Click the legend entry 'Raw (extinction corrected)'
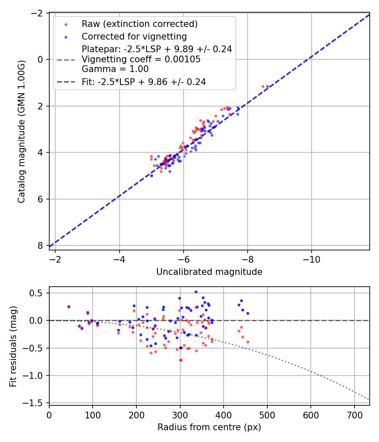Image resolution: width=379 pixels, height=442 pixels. pyautogui.click(x=139, y=24)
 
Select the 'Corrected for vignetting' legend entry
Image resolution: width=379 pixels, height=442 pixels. pyautogui.click(x=134, y=36)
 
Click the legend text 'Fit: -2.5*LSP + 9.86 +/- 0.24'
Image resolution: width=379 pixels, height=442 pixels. pyautogui.click(x=144, y=82)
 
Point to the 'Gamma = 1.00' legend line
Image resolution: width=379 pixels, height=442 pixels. pyautogui.click(x=115, y=69)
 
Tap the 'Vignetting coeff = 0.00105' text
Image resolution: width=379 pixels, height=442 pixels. pyautogui.click(x=141, y=59)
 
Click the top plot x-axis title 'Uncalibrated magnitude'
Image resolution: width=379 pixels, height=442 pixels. pyautogui.click(x=209, y=272)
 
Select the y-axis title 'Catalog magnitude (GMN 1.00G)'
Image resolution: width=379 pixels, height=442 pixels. pyautogui.click(x=21, y=131)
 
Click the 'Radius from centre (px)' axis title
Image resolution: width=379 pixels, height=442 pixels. pyautogui.click(x=209, y=427)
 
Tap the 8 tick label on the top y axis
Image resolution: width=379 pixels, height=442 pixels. pyautogui.click(x=41, y=245)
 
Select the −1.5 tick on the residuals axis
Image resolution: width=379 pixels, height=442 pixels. pyautogui.click(x=36, y=403)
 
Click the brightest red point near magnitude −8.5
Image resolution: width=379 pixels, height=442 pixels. pyautogui.click(x=263, y=86)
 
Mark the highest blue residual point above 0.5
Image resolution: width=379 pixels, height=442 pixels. pyautogui.click(x=196, y=292)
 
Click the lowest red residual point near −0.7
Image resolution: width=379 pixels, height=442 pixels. pyautogui.click(x=181, y=360)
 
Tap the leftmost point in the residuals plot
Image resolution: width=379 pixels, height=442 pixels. pyautogui.click(x=69, y=307)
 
